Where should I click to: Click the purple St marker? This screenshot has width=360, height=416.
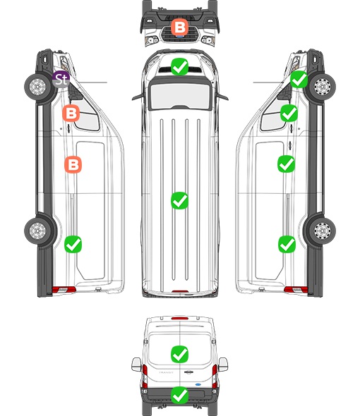(61, 80)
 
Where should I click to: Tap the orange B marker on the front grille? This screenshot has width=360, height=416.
(179, 27)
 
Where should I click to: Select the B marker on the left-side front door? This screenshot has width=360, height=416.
(71, 114)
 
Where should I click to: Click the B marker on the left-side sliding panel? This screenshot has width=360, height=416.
(73, 164)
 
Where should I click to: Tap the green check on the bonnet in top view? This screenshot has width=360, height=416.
(179, 66)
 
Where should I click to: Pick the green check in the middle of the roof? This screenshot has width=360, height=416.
(179, 200)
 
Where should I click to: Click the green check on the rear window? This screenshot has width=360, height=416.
(179, 354)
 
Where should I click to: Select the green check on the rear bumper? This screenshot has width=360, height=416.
(179, 395)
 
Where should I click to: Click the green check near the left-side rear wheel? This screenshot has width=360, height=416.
(73, 244)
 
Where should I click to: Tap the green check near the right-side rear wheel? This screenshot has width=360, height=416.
(287, 244)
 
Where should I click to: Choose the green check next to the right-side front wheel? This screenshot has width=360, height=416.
(299, 80)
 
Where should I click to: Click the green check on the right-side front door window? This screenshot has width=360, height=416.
(289, 114)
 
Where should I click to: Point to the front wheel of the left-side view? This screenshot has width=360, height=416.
(38, 87)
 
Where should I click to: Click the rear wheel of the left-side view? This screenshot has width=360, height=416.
(38, 231)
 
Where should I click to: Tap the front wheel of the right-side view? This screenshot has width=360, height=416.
(322, 87)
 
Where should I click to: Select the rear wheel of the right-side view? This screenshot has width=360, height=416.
(322, 231)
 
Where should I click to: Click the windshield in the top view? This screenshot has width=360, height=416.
(180, 95)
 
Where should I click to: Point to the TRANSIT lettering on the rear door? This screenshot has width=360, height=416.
(166, 372)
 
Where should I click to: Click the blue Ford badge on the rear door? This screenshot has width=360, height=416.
(198, 384)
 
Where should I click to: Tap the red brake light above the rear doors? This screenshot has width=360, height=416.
(180, 318)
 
